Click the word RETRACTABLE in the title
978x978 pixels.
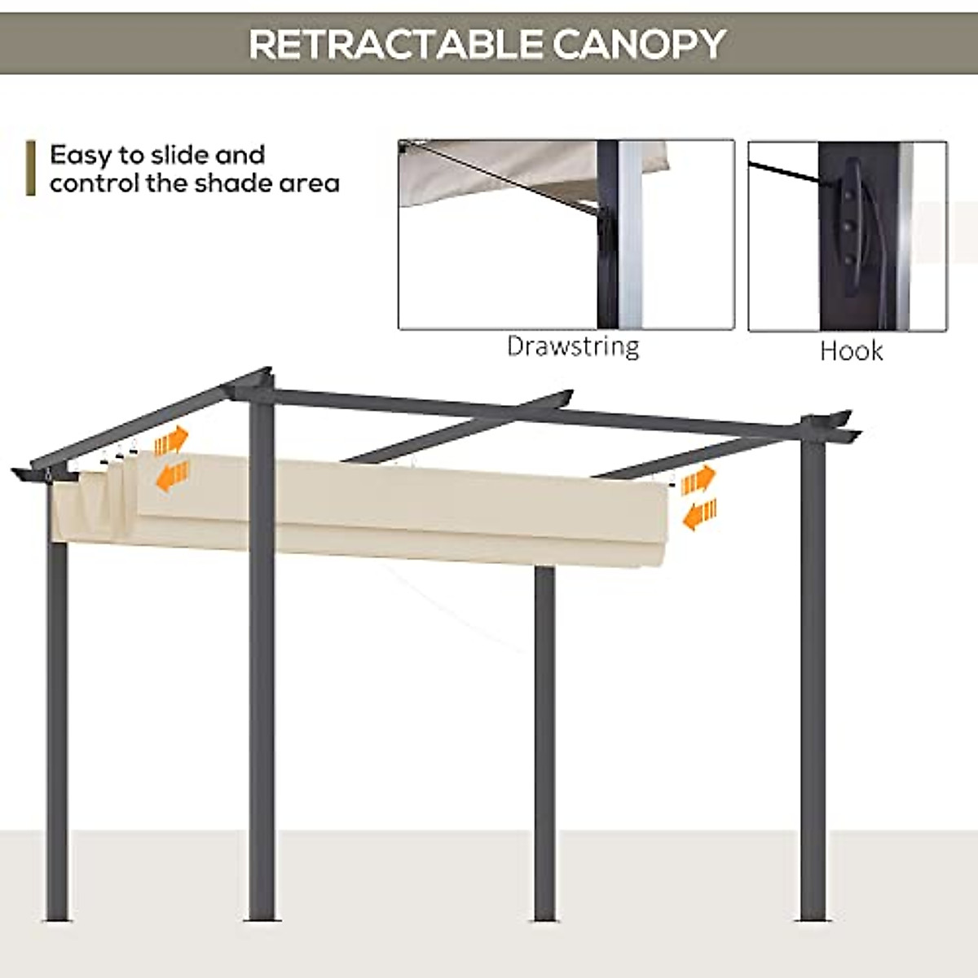[x=396, y=44]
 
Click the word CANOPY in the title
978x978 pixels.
[x=639, y=44]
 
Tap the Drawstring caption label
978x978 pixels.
[x=573, y=346]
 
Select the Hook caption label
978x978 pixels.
[x=851, y=351]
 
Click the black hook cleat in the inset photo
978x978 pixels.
[x=852, y=228]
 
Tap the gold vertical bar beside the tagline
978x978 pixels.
[x=31, y=168]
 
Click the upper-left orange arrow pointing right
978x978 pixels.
[x=171, y=441]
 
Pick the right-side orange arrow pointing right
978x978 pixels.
[x=698, y=480]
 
